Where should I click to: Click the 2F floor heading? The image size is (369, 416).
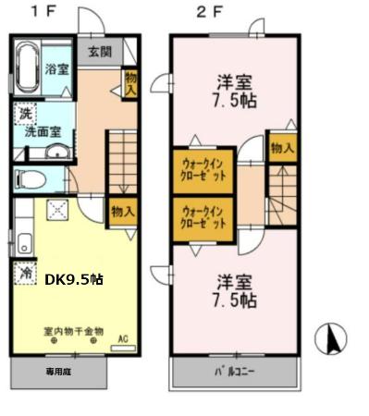coord(209,14)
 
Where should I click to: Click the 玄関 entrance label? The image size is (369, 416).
coord(101,52)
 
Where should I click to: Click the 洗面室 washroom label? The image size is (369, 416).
coord(43,131)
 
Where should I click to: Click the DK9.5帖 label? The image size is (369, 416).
coord(75,277)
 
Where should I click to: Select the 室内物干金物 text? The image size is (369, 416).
coord(73,330)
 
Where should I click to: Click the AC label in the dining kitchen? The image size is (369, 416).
coord(121,338)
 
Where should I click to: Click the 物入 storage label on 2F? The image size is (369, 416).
coord(281,148)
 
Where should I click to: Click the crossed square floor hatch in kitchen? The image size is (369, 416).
coord(57,211)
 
